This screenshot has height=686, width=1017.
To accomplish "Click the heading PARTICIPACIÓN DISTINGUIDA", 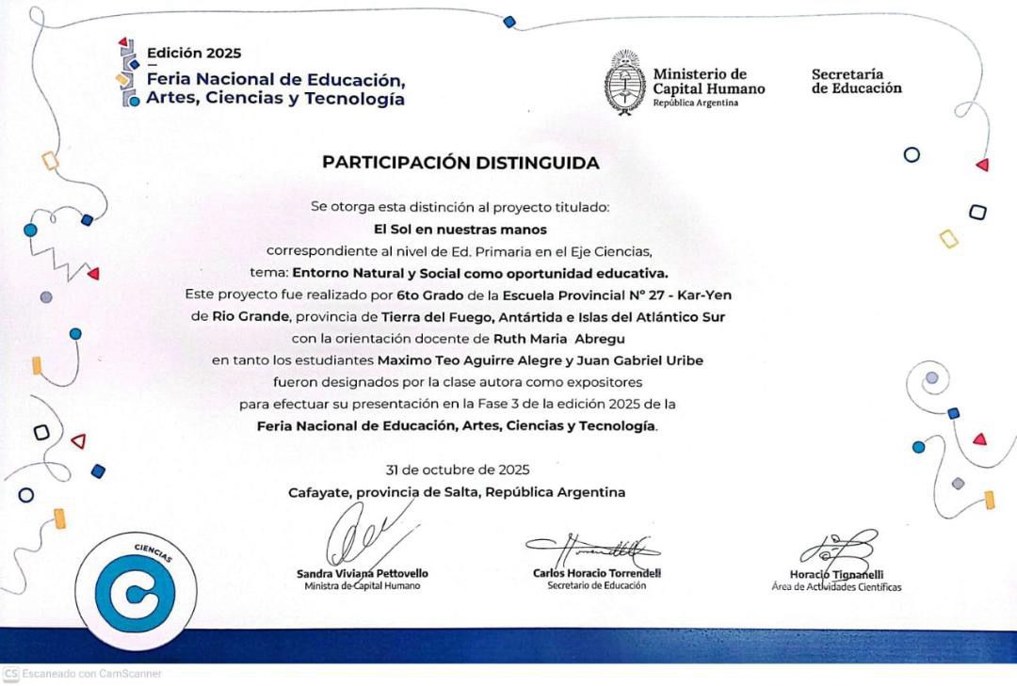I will pyautogui.click(x=460, y=163).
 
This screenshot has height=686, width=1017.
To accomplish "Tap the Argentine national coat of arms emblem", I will pyautogui.click(x=624, y=83).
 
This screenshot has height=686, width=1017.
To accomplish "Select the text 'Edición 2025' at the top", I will pyautogui.click(x=194, y=54).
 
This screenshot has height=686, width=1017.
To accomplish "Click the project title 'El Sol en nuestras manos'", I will pyautogui.click(x=460, y=229).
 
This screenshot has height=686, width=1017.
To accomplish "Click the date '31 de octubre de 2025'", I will pyautogui.click(x=458, y=470).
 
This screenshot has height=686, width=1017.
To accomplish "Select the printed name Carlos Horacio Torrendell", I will pyautogui.click(x=597, y=573).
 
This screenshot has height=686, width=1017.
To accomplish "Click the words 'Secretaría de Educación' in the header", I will pyautogui.click(x=856, y=81).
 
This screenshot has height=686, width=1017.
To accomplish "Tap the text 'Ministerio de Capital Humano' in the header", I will pyautogui.click(x=708, y=82).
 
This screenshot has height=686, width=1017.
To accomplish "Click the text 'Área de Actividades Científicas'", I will pyautogui.click(x=836, y=587).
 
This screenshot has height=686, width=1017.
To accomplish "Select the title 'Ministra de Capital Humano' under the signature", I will pyautogui.click(x=363, y=585).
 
